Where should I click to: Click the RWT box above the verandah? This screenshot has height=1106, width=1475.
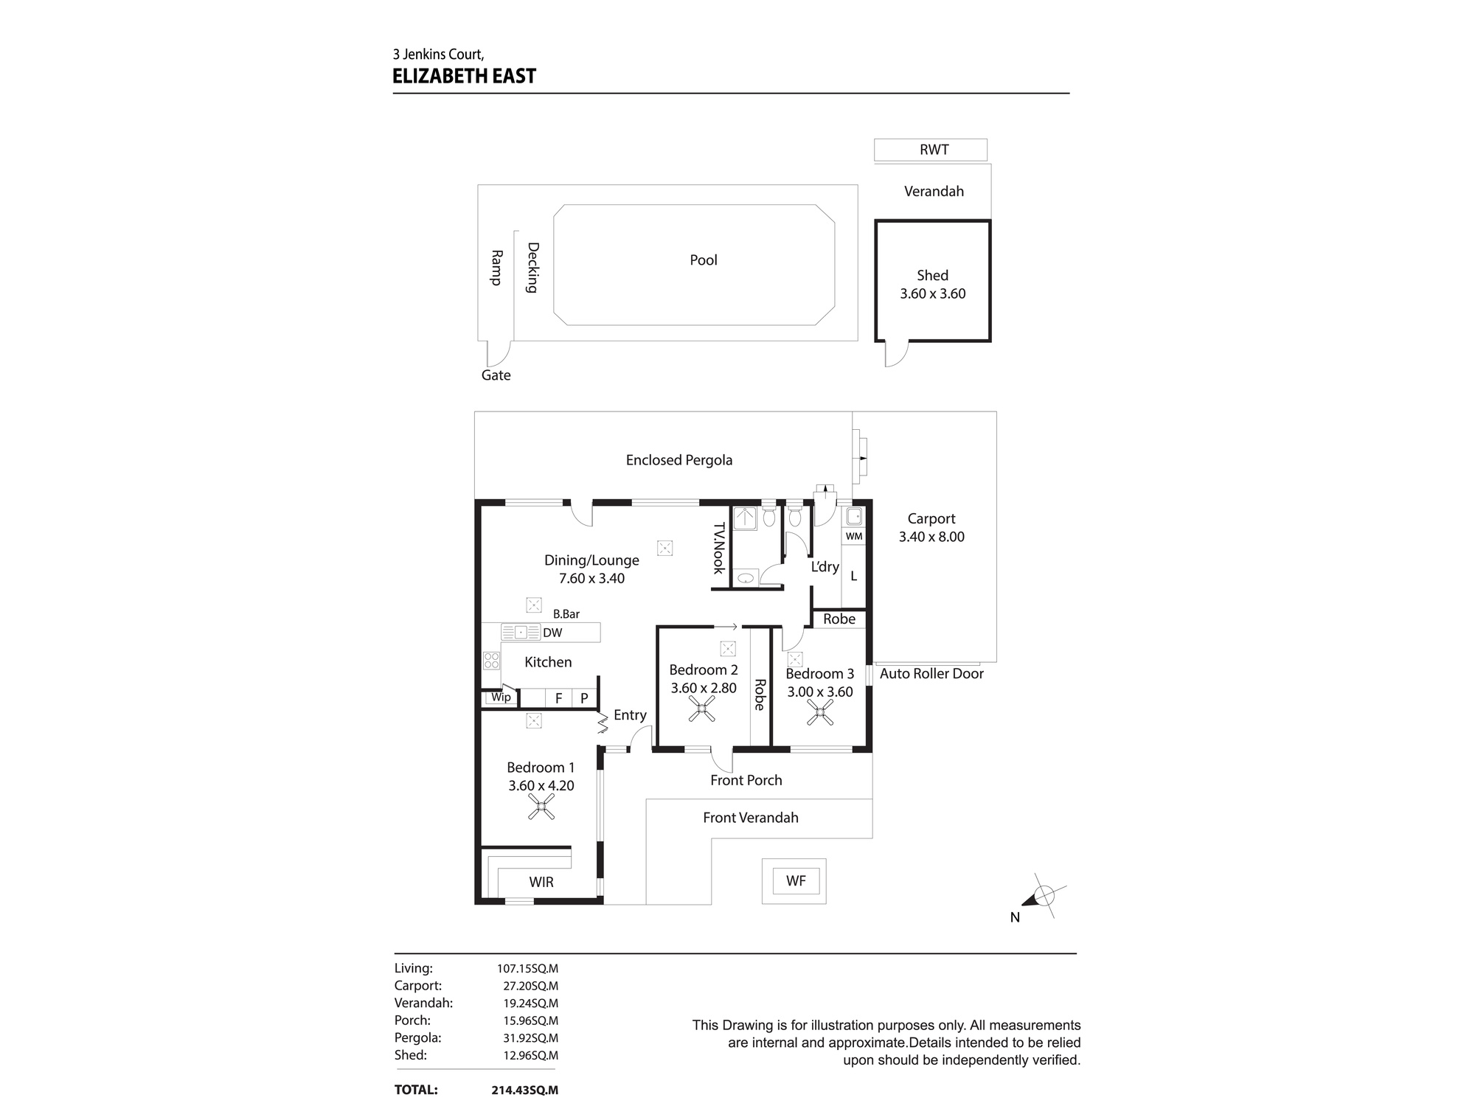[930, 150]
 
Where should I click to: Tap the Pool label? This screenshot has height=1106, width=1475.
[703, 260]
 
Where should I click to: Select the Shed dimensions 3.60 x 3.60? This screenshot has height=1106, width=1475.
[932, 293]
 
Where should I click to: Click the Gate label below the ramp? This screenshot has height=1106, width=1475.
[496, 375]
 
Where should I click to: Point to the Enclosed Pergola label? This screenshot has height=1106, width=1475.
[678, 460]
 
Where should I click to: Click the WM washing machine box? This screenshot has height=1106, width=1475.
[853, 536]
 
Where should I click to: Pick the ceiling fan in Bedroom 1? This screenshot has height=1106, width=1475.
[541, 808]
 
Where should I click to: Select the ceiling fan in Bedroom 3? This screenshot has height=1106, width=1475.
[819, 712]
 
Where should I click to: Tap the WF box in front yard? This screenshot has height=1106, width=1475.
[795, 880]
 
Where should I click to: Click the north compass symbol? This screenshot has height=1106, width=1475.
[1043, 897]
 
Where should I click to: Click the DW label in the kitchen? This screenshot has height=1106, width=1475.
[552, 633]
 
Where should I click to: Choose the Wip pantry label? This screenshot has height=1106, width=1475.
[501, 697]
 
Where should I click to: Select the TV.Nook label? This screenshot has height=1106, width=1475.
[718, 548]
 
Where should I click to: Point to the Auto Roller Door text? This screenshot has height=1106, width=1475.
[931, 673]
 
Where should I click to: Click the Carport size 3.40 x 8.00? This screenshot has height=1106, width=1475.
[931, 537]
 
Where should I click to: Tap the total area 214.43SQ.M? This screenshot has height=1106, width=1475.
[524, 1090]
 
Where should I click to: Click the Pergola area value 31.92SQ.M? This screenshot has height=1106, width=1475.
[527, 1037]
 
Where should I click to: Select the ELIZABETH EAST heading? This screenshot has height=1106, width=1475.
[464, 76]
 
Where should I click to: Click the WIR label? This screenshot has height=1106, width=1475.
[541, 882]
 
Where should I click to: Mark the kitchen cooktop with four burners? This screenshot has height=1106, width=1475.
[491, 660]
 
